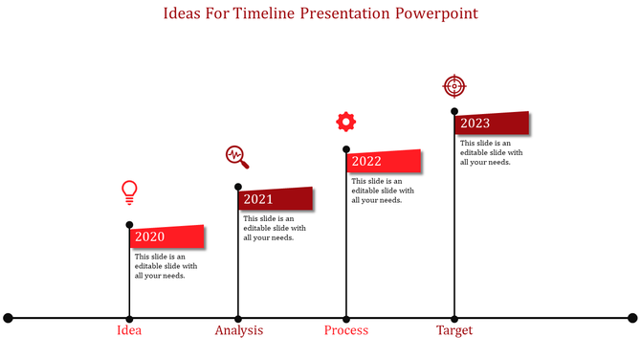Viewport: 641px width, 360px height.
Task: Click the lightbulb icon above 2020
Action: (129, 191)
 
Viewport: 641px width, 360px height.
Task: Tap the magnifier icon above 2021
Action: (236, 156)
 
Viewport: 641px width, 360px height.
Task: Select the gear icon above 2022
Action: (345, 122)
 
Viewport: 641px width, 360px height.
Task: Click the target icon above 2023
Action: (453, 86)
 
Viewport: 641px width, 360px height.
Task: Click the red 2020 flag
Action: (167, 236)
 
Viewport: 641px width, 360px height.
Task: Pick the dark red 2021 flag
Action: (276, 199)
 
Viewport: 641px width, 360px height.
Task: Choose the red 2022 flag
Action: (384, 161)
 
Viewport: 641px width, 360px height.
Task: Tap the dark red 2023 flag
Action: (492, 124)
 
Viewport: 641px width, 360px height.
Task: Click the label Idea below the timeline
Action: (129, 330)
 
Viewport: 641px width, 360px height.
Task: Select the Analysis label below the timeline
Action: (238, 330)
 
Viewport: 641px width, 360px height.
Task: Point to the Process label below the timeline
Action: (345, 330)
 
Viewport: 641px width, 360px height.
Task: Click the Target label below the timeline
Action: (454, 330)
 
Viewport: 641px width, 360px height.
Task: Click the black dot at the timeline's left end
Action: (9, 317)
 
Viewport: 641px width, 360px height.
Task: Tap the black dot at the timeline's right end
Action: (632, 317)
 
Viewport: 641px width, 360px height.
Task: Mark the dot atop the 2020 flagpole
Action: (129, 225)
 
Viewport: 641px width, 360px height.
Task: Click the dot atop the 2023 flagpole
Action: (453, 111)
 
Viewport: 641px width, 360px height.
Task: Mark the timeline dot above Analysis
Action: (238, 317)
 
